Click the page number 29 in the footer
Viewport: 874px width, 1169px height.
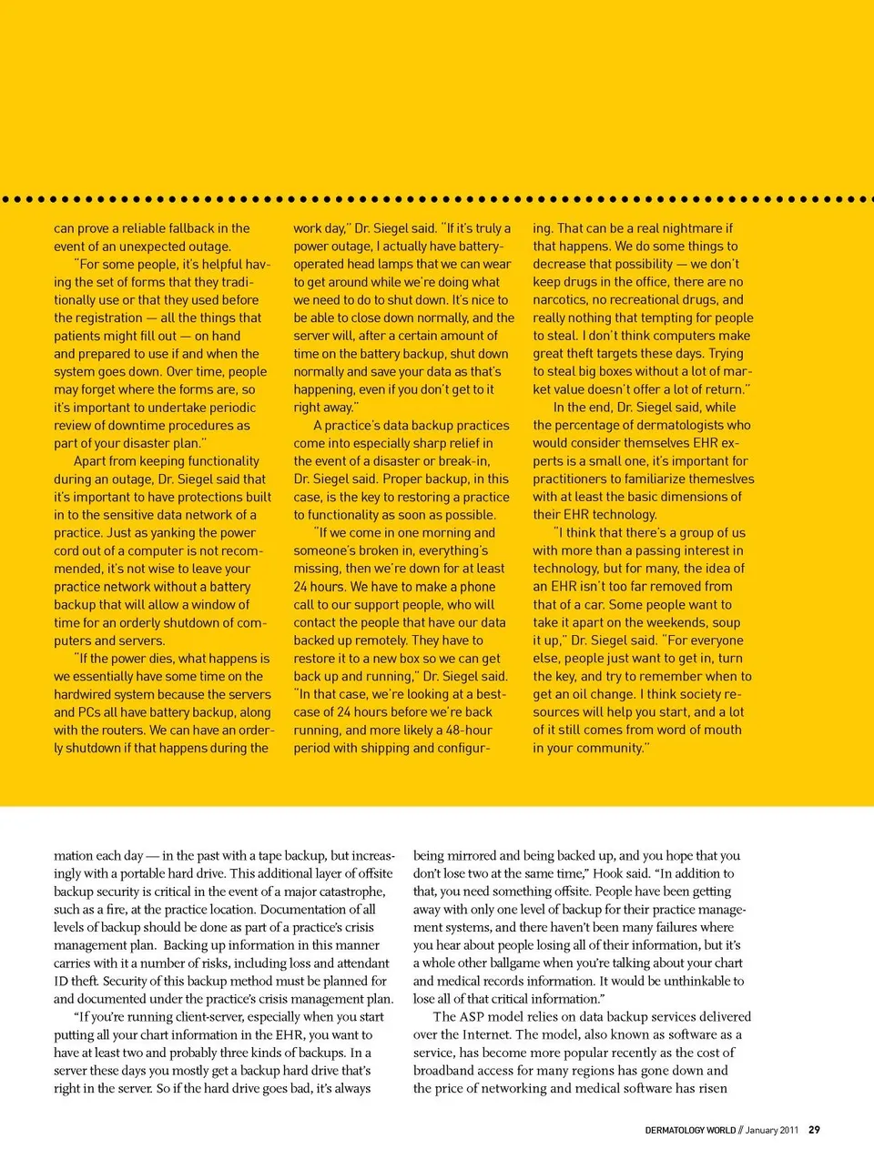coord(814,1130)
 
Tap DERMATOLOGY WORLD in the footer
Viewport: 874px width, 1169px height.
coord(690,1130)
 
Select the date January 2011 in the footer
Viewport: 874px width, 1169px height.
coord(772,1130)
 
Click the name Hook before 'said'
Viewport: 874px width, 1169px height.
coord(608,873)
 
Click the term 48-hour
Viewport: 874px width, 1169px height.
coord(469,730)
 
